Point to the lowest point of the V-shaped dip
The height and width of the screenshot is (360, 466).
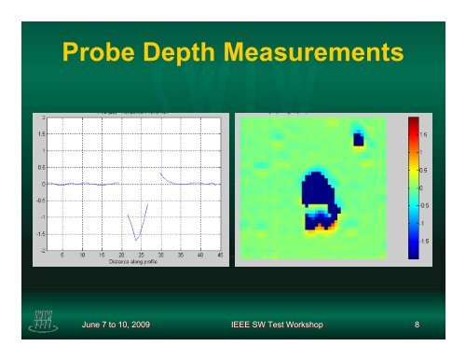coord(137,240)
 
